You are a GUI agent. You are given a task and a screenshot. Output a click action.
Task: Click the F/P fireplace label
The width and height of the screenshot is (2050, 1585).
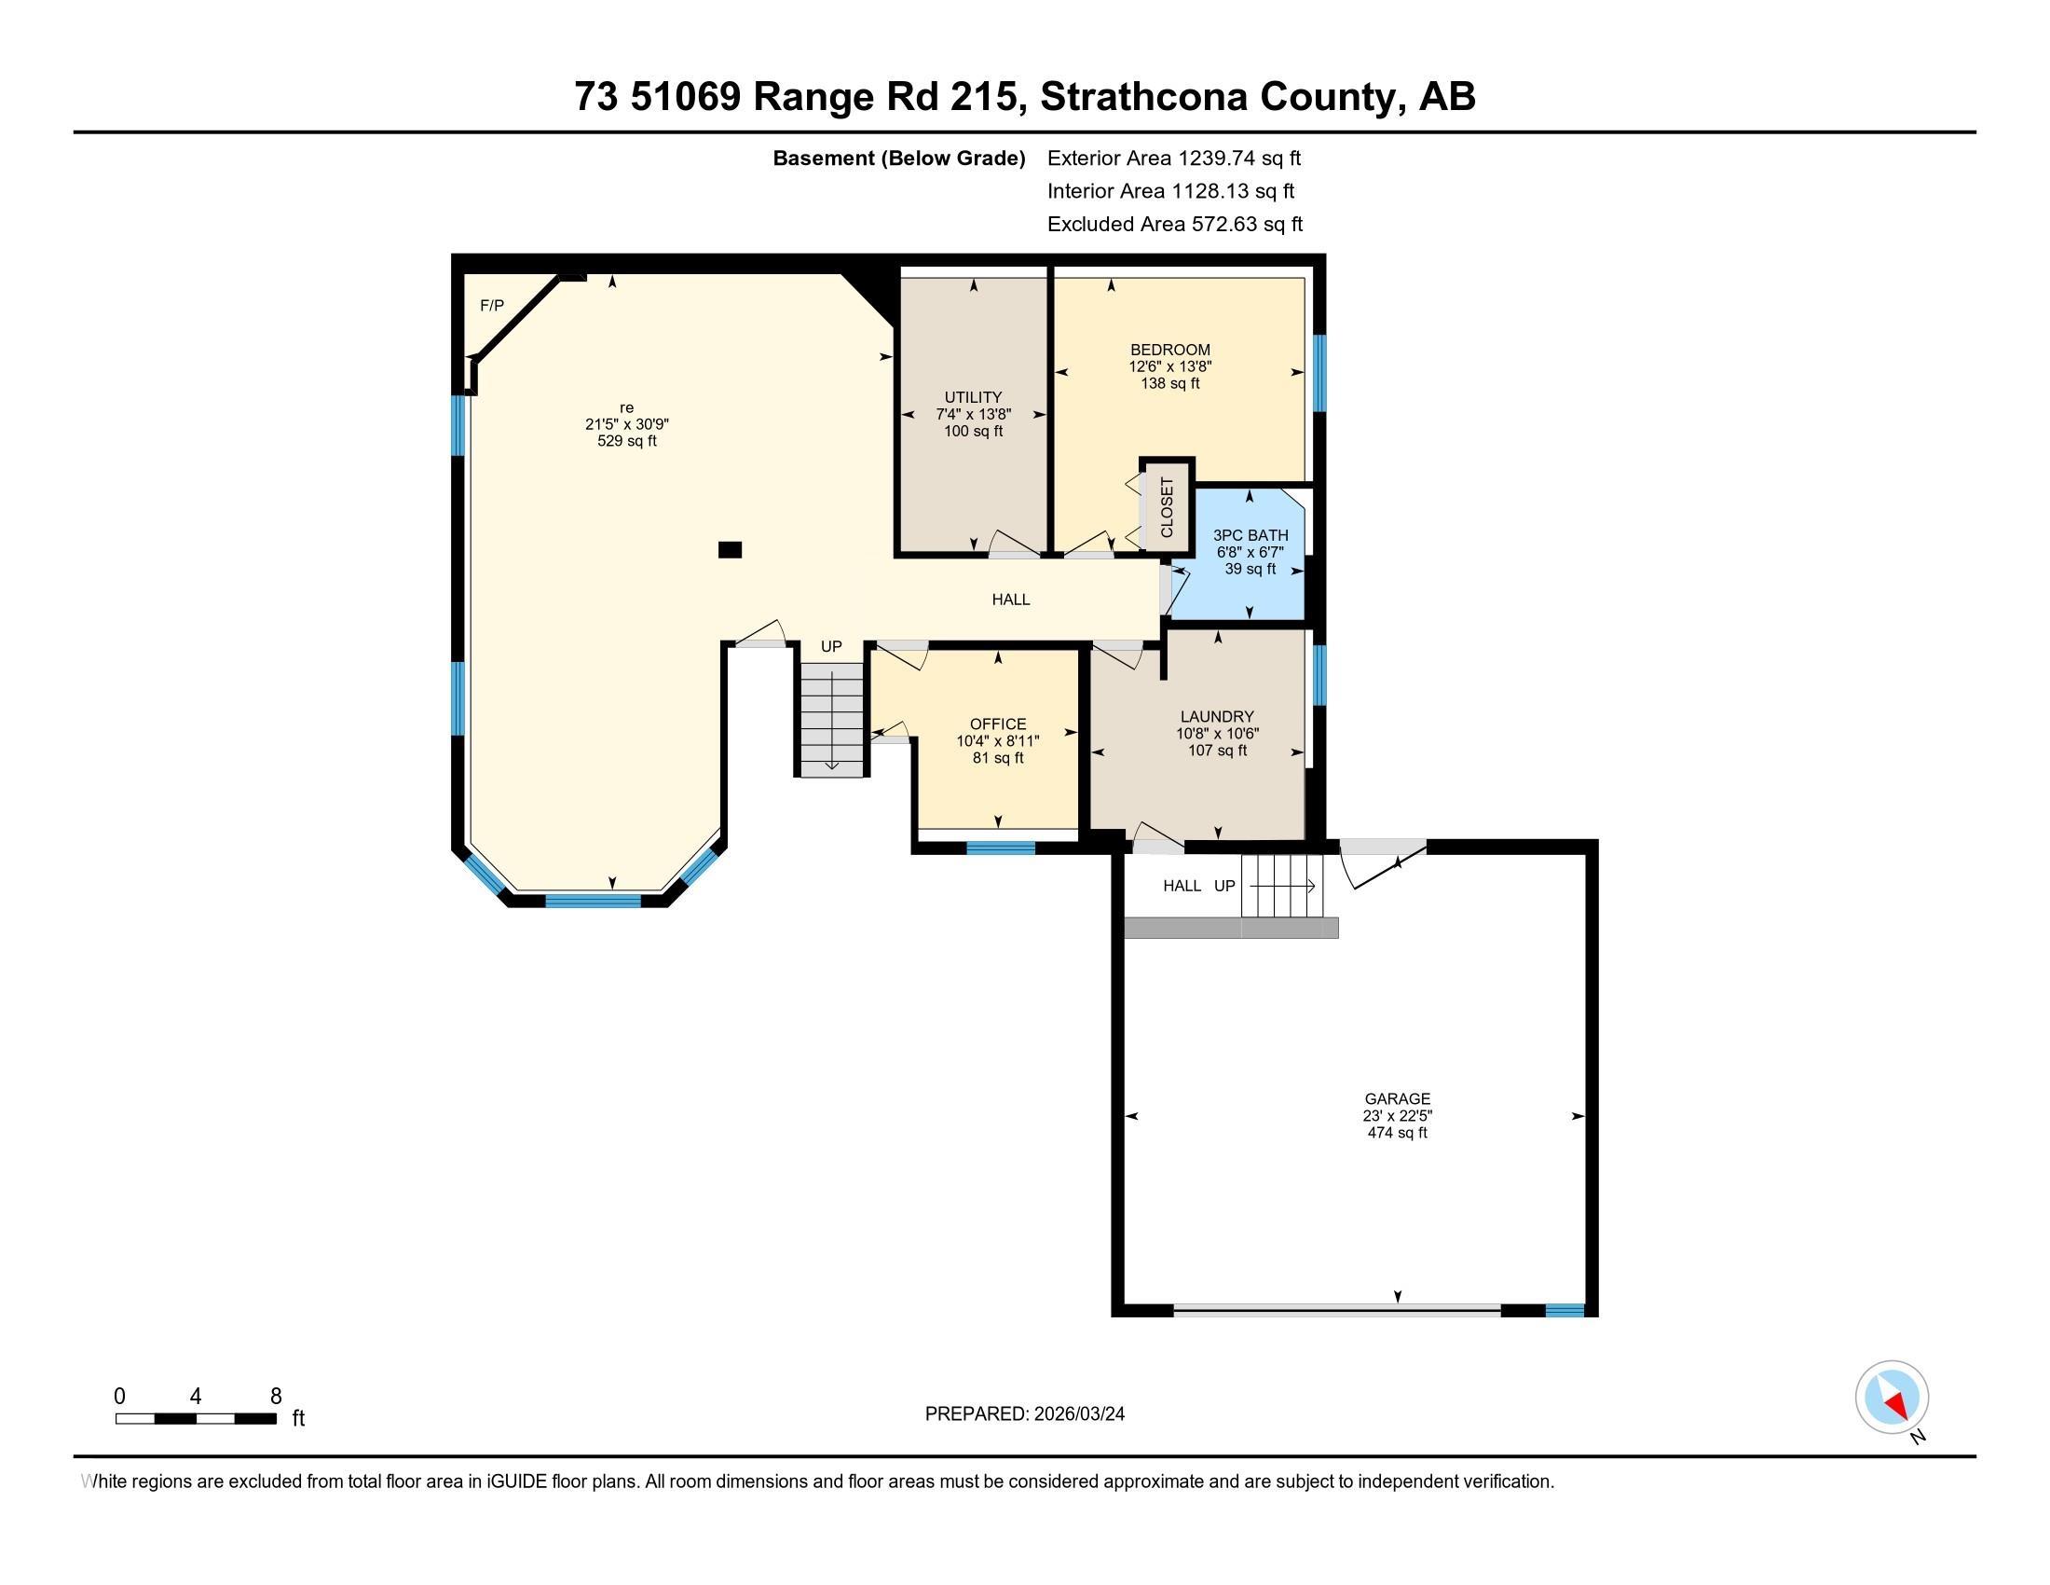492,305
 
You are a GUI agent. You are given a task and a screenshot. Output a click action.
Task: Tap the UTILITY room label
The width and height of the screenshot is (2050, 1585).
973,397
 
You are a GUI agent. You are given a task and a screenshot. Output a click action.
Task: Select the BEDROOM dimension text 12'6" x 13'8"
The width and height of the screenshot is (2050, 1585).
1169,366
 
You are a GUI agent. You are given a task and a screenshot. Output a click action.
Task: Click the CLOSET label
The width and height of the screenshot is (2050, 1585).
1167,508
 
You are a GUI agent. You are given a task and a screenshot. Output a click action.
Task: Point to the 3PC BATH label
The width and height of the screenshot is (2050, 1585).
1250,535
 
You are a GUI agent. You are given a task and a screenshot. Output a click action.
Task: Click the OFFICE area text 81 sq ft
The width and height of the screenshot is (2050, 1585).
998,758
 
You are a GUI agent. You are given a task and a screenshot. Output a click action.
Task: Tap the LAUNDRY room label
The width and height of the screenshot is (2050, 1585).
1216,716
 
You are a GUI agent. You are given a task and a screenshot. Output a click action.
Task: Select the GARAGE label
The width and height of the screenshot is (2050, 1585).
1397,1098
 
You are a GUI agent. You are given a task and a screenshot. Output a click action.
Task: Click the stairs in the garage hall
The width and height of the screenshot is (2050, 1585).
1280,886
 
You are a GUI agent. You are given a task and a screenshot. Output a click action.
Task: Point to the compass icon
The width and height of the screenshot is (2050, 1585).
1892,1398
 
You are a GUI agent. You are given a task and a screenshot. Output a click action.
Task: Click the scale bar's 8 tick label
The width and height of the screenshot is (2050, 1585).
276,1397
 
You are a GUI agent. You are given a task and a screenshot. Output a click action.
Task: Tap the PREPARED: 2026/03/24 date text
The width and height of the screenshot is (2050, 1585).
1024,1414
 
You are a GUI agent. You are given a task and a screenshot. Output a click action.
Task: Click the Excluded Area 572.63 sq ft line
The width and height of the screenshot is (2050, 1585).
1174,225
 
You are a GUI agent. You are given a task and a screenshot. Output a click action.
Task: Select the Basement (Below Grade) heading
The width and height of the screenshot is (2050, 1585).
898,158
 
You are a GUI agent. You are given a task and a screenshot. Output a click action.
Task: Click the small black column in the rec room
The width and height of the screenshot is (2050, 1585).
730,550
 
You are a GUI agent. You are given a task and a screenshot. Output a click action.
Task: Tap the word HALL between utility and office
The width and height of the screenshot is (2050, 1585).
1011,600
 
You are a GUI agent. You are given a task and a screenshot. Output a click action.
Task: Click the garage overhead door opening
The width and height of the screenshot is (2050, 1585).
1336,1310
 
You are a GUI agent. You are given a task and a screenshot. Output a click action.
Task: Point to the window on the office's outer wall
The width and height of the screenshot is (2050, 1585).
1001,848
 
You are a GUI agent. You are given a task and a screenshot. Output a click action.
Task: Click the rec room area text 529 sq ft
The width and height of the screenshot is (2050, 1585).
627,440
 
